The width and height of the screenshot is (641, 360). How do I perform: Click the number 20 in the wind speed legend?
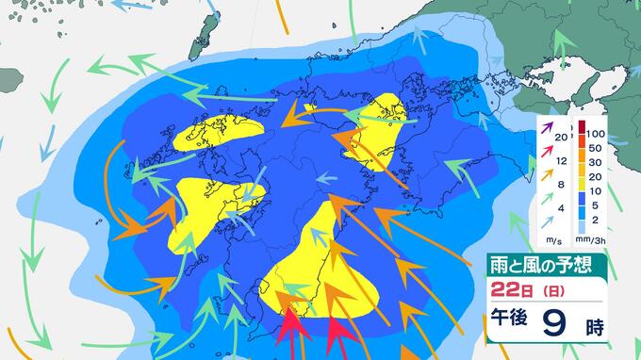tap(563, 139)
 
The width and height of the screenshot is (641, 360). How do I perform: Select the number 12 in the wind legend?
tap(563, 161)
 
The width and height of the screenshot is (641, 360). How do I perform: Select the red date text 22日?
tap(509, 287)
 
